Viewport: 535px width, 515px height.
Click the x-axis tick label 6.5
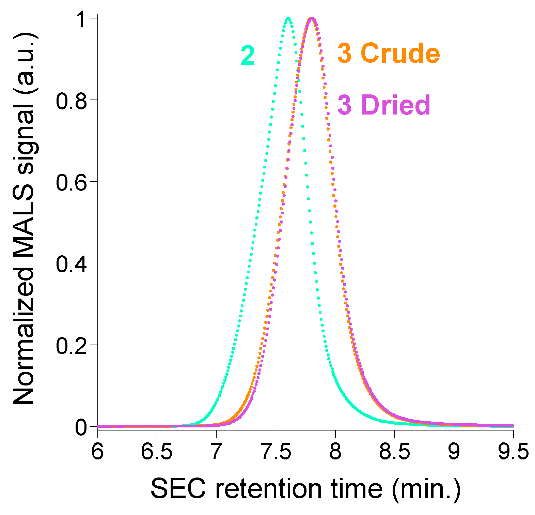(157, 452)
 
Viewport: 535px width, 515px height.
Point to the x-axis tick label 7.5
(276, 452)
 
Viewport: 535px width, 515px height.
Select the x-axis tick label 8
(335, 452)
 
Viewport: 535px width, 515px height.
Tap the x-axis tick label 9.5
(513, 452)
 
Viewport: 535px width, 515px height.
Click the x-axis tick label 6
(98, 452)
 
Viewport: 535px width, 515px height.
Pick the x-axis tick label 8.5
(394, 452)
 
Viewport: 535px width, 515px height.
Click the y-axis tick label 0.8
(72, 101)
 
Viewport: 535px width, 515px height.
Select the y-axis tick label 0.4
(72, 263)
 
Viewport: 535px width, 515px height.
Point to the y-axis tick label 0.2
(72, 345)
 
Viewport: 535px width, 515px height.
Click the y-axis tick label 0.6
(72, 182)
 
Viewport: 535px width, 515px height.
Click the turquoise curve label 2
(248, 56)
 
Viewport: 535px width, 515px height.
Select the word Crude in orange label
(400, 54)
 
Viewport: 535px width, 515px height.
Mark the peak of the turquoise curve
(288, 18)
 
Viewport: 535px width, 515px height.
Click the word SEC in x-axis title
(178, 489)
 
